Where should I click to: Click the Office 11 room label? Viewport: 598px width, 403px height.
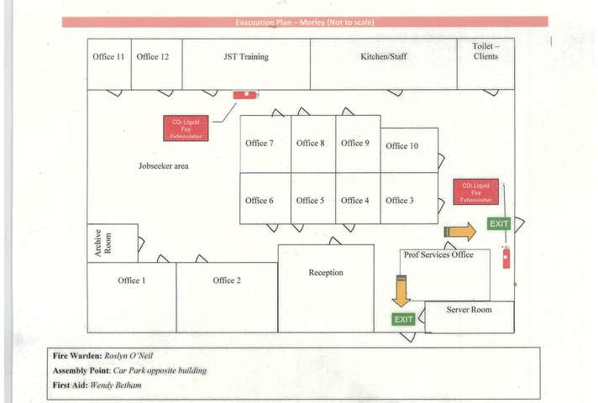[108, 57]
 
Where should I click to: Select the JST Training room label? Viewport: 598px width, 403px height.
[246, 57]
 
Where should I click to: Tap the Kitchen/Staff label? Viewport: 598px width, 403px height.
[383, 57]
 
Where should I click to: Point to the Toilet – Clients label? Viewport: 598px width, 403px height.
[485, 51]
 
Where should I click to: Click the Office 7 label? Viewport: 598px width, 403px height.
[260, 144]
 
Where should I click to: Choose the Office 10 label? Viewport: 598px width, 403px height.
[402, 146]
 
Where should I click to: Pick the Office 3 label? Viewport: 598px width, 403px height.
[400, 201]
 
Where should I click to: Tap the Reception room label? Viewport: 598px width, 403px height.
[326, 273]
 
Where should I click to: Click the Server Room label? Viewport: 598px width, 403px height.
[469, 310]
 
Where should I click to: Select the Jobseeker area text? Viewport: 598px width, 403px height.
[164, 166]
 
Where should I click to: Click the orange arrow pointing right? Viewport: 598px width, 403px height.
[460, 232]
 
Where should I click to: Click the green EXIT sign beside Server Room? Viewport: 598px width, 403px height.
[404, 319]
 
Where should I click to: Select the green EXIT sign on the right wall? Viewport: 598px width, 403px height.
[500, 223]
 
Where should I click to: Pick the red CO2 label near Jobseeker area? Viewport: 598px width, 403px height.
[186, 128]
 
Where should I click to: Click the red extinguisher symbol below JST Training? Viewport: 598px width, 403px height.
[246, 95]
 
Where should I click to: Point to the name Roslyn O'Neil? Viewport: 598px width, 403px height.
[129, 356]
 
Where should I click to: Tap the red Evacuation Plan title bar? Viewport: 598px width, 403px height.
[305, 22]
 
